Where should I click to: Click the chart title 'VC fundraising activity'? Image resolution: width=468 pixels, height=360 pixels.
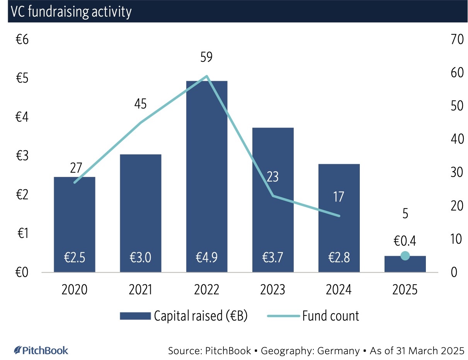[x=71, y=12]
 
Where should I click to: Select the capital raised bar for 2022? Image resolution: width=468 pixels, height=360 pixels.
[x=207, y=174]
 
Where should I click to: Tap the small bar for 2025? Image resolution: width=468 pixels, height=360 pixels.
[x=405, y=264]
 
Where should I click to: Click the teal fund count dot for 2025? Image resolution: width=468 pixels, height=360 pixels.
[x=405, y=256]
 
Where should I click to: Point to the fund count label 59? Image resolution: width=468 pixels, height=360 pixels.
[x=207, y=57]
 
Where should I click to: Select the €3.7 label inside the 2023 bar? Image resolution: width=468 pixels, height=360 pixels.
[x=273, y=258]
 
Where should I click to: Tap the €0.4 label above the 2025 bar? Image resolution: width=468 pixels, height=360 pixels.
[x=405, y=241]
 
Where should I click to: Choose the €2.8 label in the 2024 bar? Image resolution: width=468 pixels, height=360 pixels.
[x=339, y=258]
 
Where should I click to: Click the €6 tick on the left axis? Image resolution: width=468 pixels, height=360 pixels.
[x=22, y=40]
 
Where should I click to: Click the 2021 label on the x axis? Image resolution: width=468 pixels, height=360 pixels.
[x=140, y=290]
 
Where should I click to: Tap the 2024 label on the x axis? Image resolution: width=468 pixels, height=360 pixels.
[x=339, y=290]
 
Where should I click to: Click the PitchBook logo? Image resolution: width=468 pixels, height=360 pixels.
[x=41, y=350]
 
